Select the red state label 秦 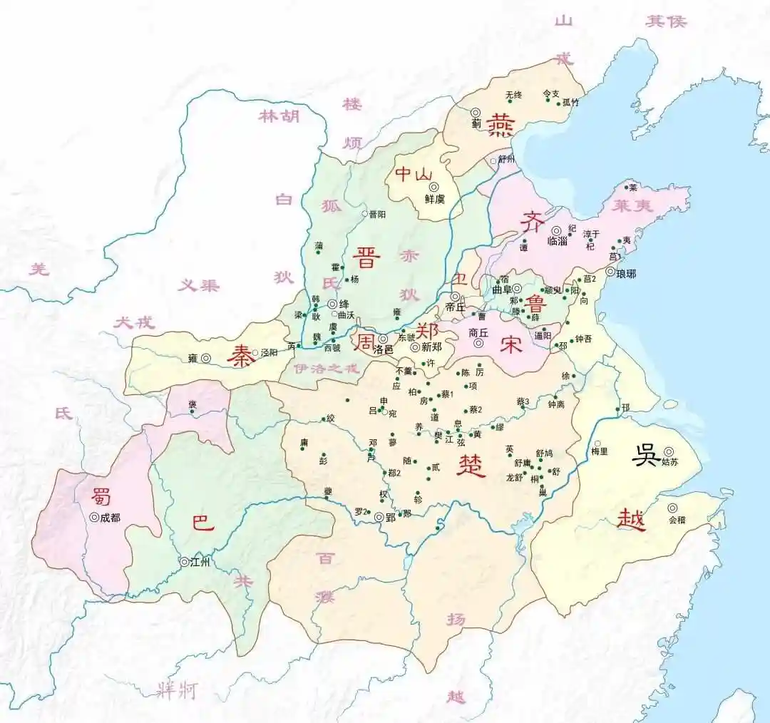coord(241,357)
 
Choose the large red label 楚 coord(471,465)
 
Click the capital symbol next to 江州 coord(185,562)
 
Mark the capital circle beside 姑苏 coord(669,451)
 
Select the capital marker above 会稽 coord(672,508)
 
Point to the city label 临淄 coord(558,242)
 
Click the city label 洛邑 coord(383,349)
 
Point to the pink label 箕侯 coord(666,21)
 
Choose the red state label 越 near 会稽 coord(632,519)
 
